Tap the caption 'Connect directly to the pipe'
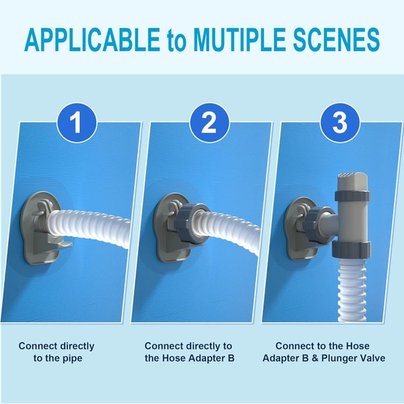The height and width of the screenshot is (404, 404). point(57,352)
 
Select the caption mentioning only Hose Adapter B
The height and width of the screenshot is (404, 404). point(189,352)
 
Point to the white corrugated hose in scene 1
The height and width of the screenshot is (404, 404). point(94,222)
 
